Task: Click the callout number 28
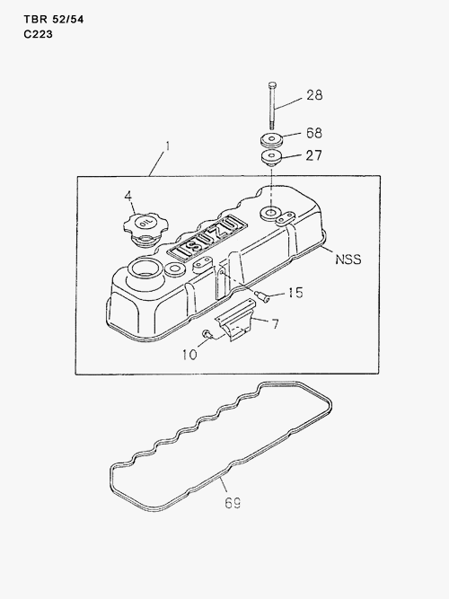pos(314,95)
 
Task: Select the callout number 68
pos(314,133)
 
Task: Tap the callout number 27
pos(313,155)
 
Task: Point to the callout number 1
pos(167,147)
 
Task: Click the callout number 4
pos(128,196)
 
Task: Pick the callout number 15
pos(295,293)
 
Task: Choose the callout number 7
pos(275,324)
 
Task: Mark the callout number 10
pos(189,355)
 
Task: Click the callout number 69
pos(233,503)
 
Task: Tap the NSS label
pos(348,260)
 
